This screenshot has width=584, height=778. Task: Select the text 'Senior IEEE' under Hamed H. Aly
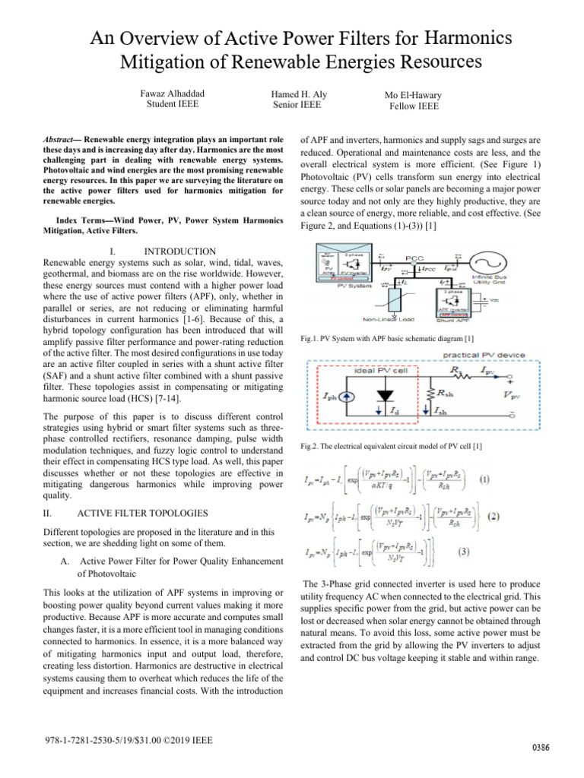[299, 105]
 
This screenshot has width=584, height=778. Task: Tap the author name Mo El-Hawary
[414, 96]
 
